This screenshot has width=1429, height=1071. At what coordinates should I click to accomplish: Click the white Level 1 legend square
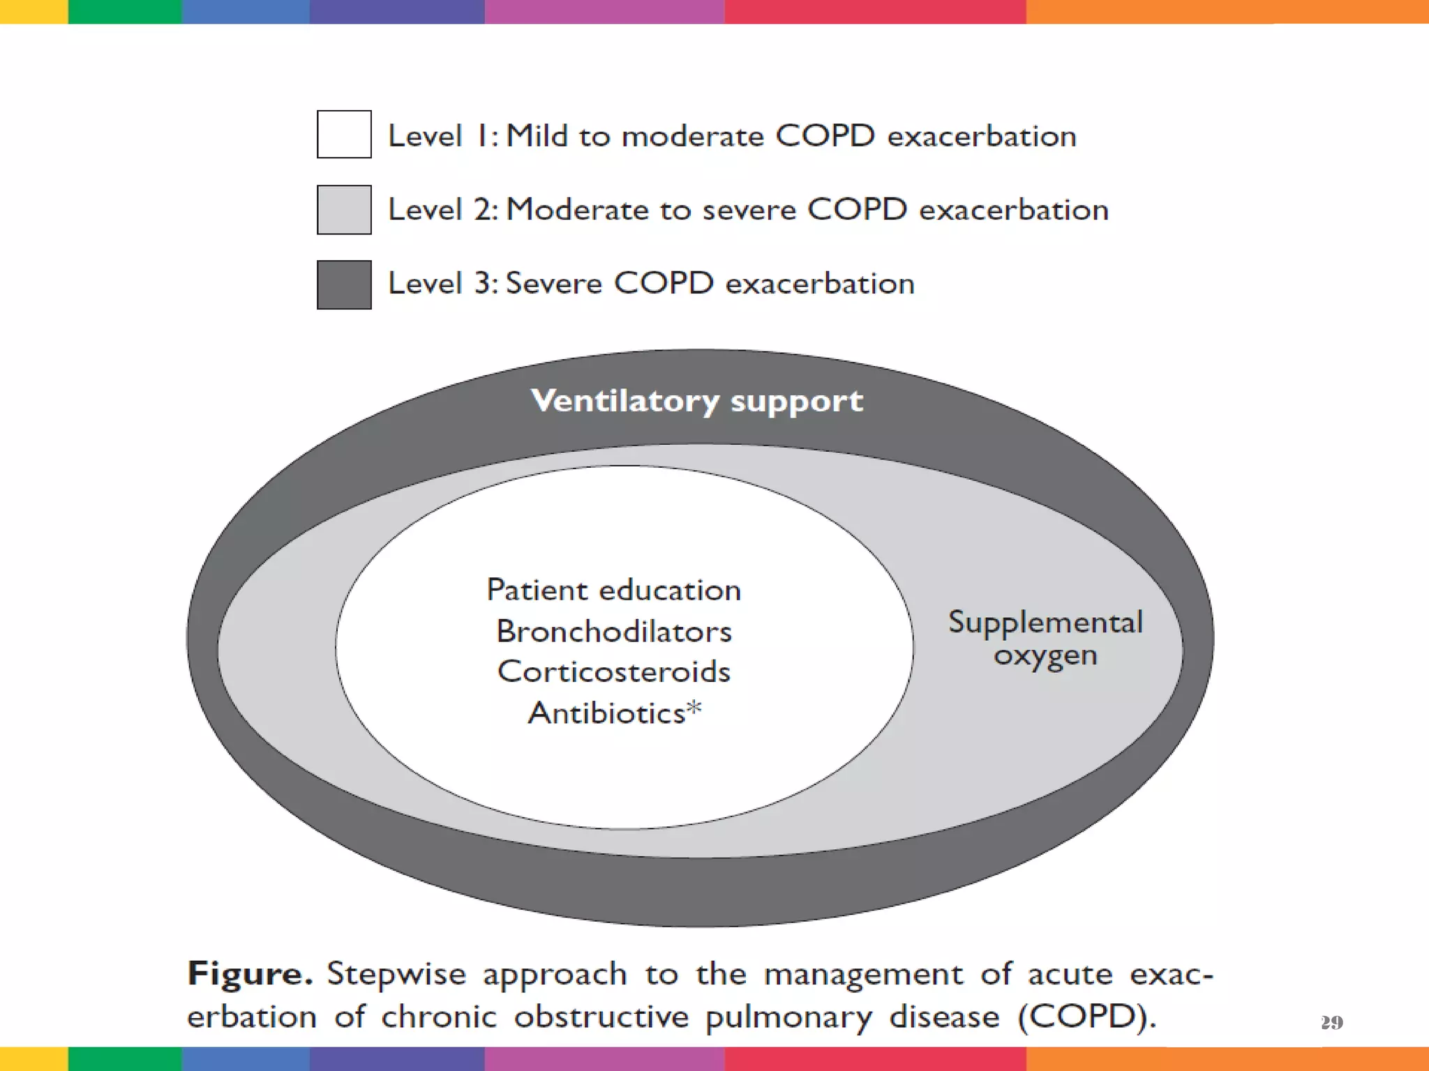click(x=344, y=134)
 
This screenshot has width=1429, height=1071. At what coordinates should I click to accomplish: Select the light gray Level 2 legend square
click(x=344, y=209)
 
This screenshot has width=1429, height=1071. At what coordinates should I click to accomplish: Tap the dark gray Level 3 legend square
click(x=344, y=284)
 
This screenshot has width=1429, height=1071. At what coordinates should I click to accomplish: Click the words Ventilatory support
click(x=696, y=401)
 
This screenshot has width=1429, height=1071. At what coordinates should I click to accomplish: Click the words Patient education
click(x=613, y=590)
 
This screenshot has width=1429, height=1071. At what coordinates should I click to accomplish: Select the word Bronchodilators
click(x=613, y=631)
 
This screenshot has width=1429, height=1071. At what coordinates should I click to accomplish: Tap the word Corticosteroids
click(x=613, y=671)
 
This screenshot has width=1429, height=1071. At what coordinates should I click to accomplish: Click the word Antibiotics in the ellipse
click(x=606, y=713)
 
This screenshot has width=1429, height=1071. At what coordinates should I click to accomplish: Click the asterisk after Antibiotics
click(x=694, y=708)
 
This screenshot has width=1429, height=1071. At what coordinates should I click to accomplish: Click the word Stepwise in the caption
click(x=396, y=973)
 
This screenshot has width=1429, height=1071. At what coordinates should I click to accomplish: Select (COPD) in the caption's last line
click(x=1086, y=1016)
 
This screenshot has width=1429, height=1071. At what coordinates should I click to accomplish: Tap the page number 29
click(x=1331, y=1022)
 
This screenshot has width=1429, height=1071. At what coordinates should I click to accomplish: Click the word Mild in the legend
click(x=537, y=135)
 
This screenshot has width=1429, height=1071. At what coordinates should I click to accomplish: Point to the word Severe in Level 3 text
click(x=553, y=283)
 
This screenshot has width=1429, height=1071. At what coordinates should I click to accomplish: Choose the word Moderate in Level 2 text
click(x=577, y=209)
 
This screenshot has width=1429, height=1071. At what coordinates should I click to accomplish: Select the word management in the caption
click(x=863, y=973)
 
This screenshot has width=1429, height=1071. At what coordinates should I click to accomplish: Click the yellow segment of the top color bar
click(x=33, y=11)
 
